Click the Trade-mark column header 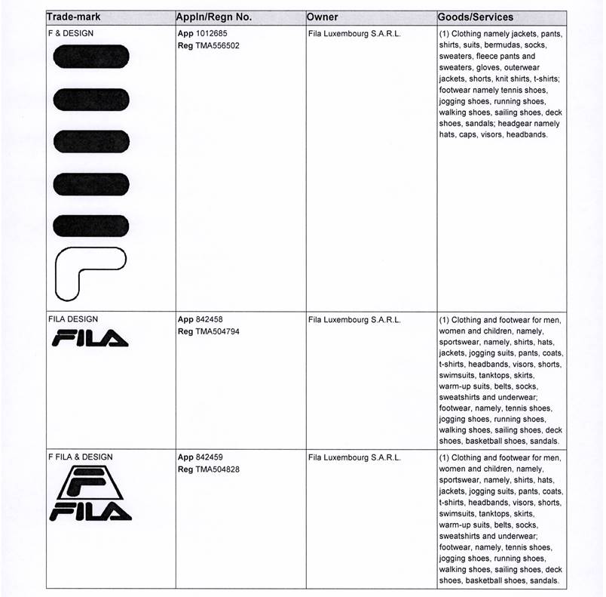(74, 17)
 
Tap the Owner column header (323, 17)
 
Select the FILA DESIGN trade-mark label (73, 320)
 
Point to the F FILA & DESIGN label (80, 457)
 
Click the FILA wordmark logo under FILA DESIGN (90, 340)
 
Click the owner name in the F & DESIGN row (354, 34)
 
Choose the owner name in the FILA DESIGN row (354, 320)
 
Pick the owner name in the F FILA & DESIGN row (354, 457)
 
